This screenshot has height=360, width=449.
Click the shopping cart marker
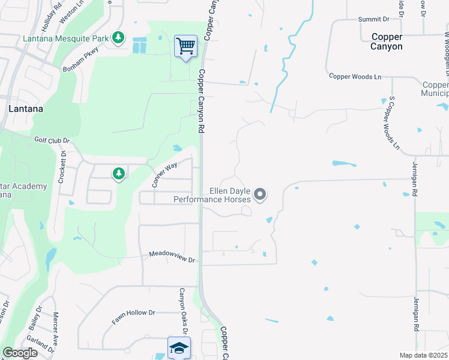(x=186, y=46)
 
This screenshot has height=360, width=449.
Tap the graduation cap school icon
(x=179, y=348)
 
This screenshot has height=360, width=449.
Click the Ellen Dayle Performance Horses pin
(x=260, y=194)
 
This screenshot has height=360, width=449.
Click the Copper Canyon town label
(x=387, y=41)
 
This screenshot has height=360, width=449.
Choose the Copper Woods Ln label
(x=355, y=77)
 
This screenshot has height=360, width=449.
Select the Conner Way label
(x=165, y=175)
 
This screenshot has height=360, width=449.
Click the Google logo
(x=20, y=353)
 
